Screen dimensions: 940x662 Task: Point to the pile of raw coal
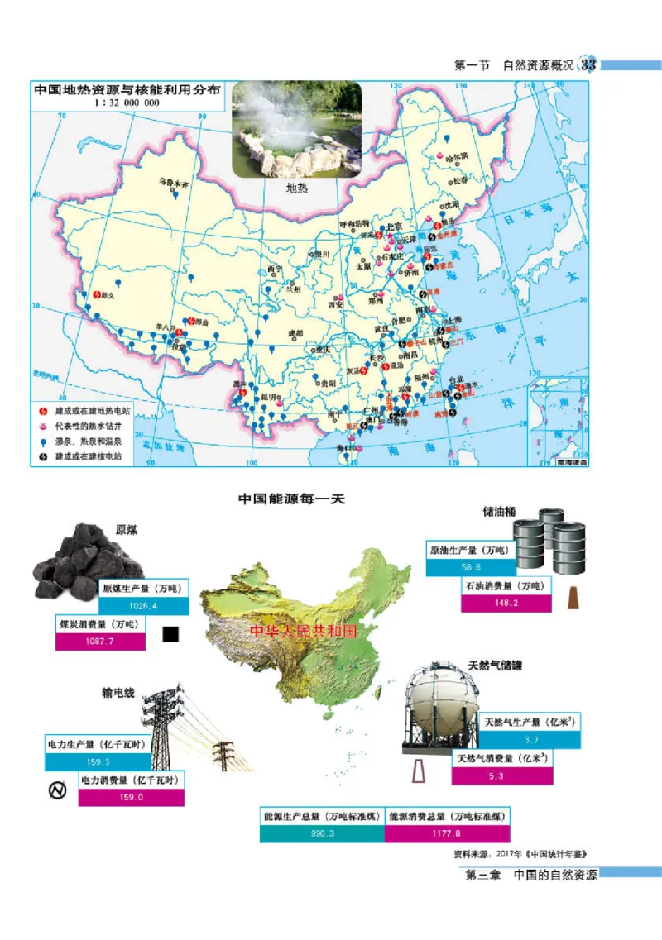click(87, 565)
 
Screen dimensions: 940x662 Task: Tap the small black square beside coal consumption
click(171, 634)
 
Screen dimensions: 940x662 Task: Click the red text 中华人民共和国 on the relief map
click(303, 632)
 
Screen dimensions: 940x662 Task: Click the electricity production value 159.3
click(98, 761)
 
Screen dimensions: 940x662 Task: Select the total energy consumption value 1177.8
click(447, 834)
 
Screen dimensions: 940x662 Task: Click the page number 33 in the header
click(589, 65)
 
